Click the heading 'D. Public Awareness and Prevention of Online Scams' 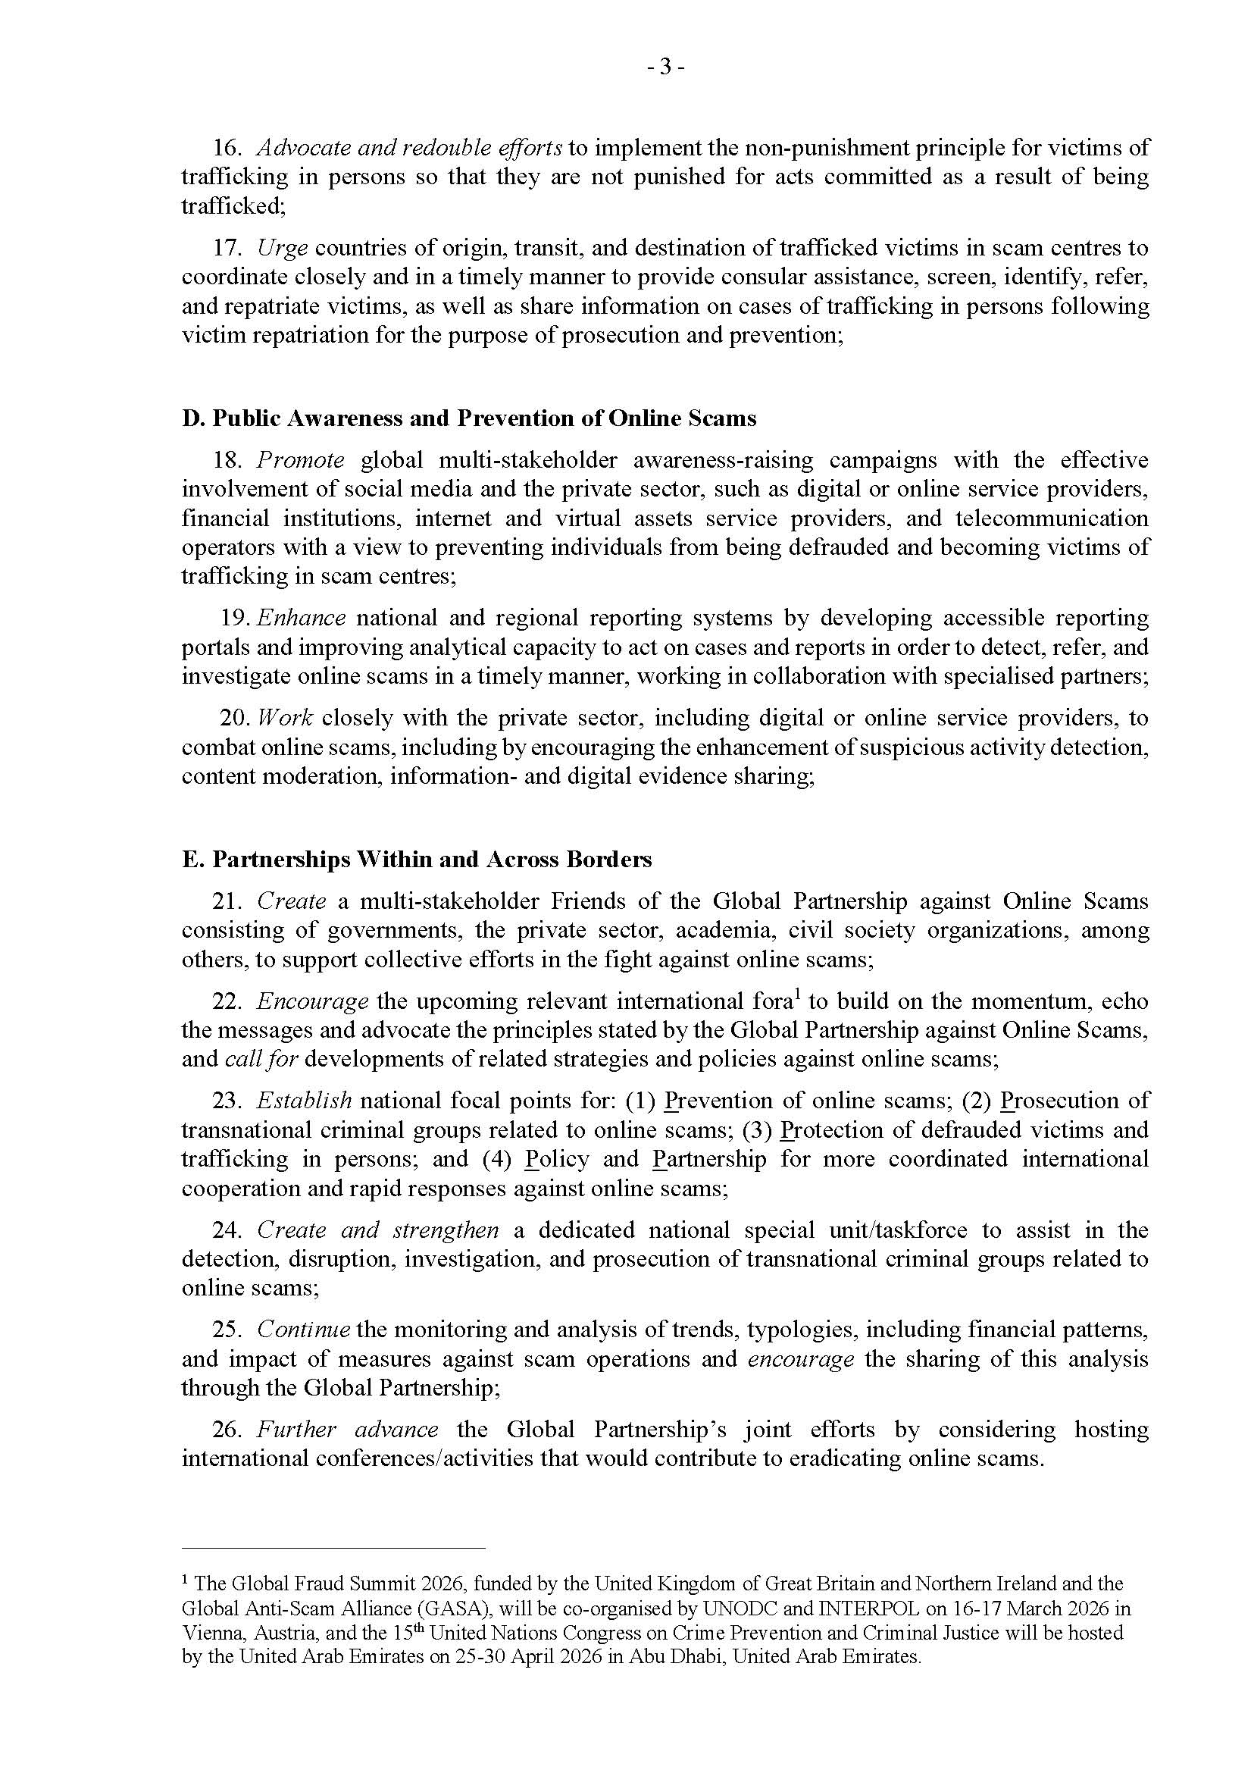pos(469,418)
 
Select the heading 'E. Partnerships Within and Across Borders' pos(416,859)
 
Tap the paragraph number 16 pos(227,148)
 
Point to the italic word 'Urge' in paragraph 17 pos(283,248)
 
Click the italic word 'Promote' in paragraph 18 pos(300,460)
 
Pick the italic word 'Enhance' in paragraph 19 pos(301,618)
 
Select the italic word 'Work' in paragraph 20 pos(285,718)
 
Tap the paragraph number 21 pos(227,901)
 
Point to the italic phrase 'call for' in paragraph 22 pos(261,1059)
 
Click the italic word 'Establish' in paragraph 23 pos(305,1101)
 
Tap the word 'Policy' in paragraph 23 pos(557,1159)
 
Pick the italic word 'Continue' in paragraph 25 pos(304,1330)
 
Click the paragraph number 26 pos(227,1430)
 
